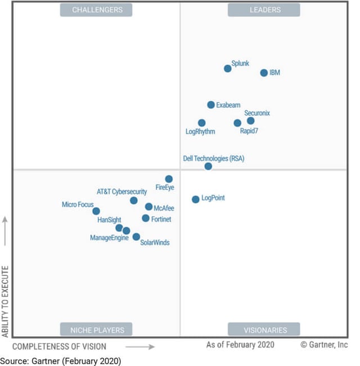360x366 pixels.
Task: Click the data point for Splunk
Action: click(227, 68)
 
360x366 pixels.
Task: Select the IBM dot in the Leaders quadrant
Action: click(264, 73)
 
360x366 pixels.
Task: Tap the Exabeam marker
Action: click(211, 105)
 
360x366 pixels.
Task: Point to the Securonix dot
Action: click(251, 120)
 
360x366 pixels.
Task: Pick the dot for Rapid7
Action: click(237, 123)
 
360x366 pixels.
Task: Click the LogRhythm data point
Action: click(201, 123)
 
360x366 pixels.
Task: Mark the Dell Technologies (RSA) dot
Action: click(208, 166)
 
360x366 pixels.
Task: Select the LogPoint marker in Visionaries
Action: click(195, 199)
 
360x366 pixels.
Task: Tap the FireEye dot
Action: click(169, 179)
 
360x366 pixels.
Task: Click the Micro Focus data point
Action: click(96, 211)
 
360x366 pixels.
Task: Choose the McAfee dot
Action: click(148, 207)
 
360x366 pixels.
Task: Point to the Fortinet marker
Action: click(146, 218)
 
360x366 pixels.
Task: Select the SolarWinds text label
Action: click(155, 243)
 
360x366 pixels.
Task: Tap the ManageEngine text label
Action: click(109, 238)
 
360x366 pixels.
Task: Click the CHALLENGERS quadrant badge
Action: click(96, 10)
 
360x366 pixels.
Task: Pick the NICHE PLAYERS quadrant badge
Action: click(97, 329)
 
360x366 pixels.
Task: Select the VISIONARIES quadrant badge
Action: click(264, 329)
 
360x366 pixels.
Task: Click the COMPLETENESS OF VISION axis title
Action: click(59, 346)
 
